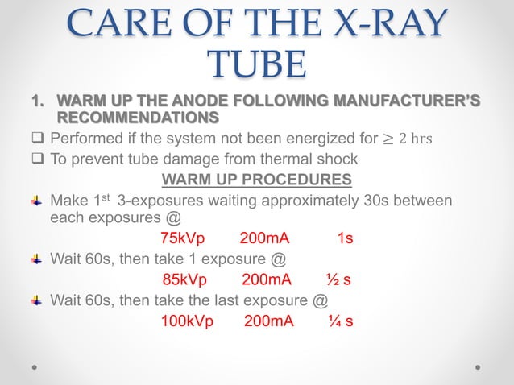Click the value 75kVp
(x=183, y=238)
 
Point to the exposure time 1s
(x=345, y=238)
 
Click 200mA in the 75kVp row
(x=264, y=238)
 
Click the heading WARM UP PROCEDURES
(x=256, y=178)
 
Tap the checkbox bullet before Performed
(x=39, y=137)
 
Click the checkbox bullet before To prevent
(x=39, y=158)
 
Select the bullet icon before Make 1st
(x=36, y=199)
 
